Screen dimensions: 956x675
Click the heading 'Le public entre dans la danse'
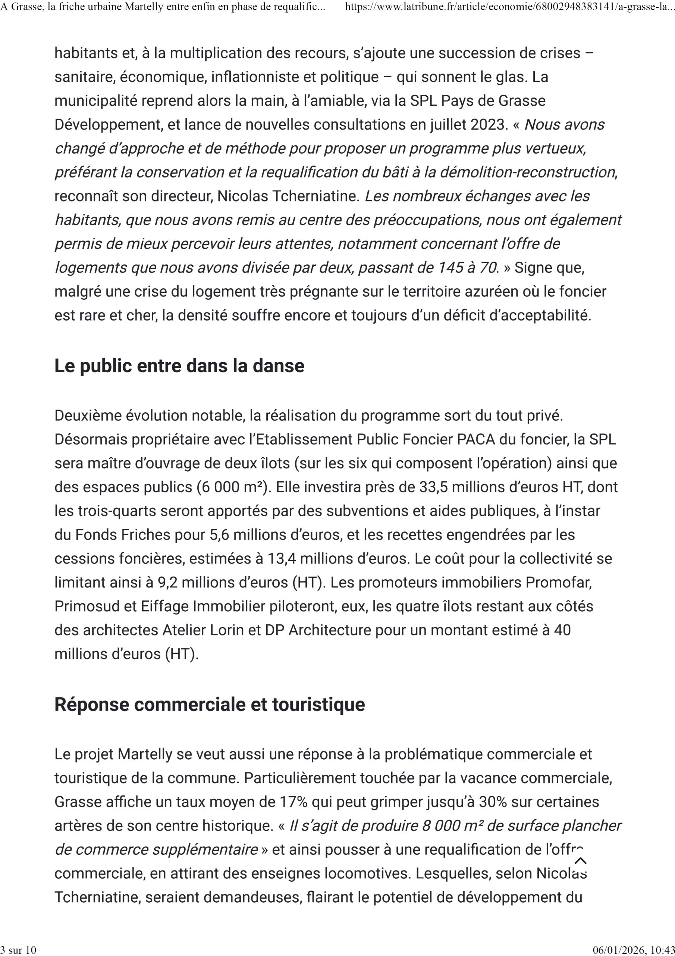179,366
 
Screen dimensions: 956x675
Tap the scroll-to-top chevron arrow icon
580,861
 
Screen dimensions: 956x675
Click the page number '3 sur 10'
18,950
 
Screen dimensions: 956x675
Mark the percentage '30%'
493,802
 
